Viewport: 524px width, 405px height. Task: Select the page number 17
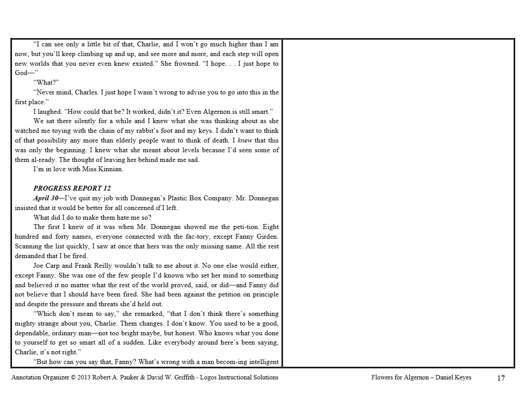[x=501, y=378]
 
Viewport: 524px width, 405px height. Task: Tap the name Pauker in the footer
[x=127, y=378]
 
